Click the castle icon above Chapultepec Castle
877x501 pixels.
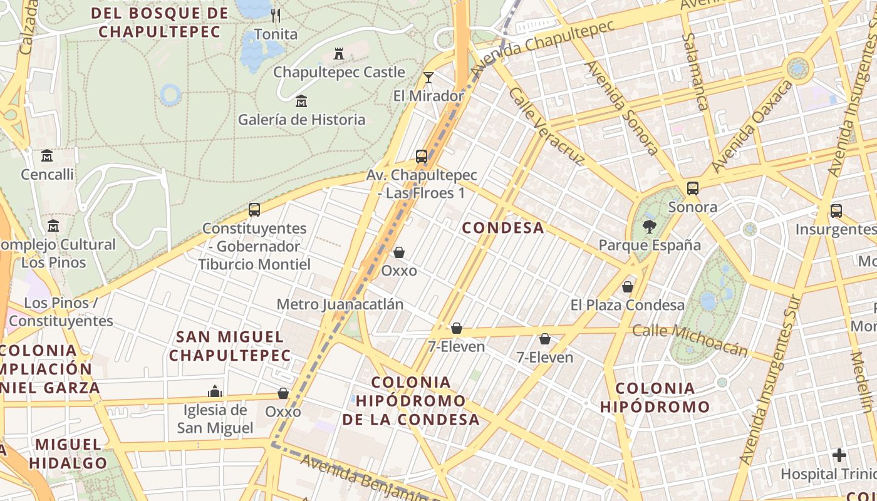pyautogui.click(x=339, y=54)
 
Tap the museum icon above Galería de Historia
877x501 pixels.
pyautogui.click(x=301, y=101)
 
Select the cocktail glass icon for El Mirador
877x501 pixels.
pyautogui.click(x=428, y=78)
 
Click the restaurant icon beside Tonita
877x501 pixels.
pyautogui.click(x=276, y=15)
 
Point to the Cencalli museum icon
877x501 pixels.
pyautogui.click(x=47, y=155)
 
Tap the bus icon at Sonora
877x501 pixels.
pyautogui.click(x=693, y=189)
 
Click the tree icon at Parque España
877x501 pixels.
pyautogui.click(x=650, y=227)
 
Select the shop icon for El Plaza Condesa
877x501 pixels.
pyautogui.click(x=628, y=287)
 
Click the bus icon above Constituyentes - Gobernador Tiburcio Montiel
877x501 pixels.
pyautogui.click(x=254, y=210)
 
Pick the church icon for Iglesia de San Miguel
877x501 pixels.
pyautogui.click(x=215, y=391)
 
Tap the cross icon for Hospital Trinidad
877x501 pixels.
pyautogui.click(x=839, y=455)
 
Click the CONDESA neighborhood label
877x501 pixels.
pyautogui.click(x=503, y=228)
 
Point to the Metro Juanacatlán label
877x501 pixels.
pyautogui.click(x=340, y=304)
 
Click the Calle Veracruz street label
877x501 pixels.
pyautogui.click(x=546, y=127)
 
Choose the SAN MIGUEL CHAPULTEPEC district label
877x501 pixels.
pyautogui.click(x=230, y=346)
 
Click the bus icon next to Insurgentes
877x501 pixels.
pyautogui.click(x=836, y=211)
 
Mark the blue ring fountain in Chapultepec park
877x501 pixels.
pyautogui.click(x=170, y=95)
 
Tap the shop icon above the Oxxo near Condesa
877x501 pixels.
pyautogui.click(x=399, y=252)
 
